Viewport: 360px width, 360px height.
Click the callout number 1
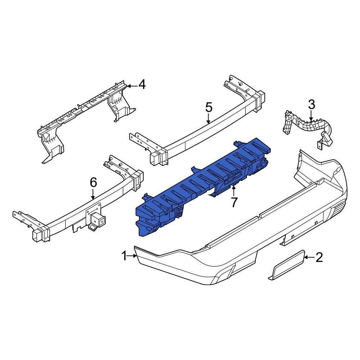tap(124, 256)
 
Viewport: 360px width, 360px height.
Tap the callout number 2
tap(319, 257)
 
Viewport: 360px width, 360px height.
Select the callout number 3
tap(311, 105)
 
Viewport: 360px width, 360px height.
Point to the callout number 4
tap(142, 85)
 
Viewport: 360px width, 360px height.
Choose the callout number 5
tap(209, 107)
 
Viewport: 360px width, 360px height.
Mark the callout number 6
tap(93, 183)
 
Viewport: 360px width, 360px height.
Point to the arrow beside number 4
tap(132, 86)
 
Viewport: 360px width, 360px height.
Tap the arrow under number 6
tap(93, 194)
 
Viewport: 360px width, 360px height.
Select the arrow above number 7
tap(234, 190)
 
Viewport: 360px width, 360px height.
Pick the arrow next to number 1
tap(132, 256)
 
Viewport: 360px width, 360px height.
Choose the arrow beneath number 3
tap(311, 116)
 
